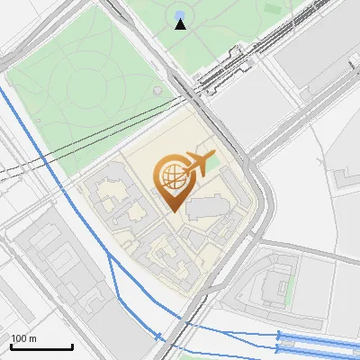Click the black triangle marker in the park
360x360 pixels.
[x=181, y=24]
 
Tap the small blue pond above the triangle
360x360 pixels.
[x=180, y=13]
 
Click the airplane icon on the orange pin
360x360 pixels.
[x=196, y=163]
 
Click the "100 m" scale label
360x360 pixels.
[x=24, y=338]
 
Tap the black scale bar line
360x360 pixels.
[x=41, y=347]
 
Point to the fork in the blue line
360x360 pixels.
[x=109, y=254]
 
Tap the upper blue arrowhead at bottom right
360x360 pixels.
[x=278, y=335]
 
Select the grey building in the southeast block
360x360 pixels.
[x=270, y=288]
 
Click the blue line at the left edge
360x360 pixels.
[x=4, y=90]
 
